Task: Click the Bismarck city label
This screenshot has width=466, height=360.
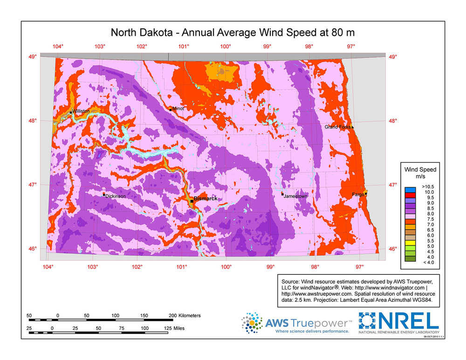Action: [206, 198]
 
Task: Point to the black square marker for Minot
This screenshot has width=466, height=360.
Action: [171, 109]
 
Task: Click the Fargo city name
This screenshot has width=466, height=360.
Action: [358, 194]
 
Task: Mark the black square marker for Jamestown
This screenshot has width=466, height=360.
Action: [282, 194]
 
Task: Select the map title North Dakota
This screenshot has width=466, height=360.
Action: [144, 33]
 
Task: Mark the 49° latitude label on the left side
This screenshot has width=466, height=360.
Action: [33, 57]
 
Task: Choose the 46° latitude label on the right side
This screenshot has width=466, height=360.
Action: [393, 249]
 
